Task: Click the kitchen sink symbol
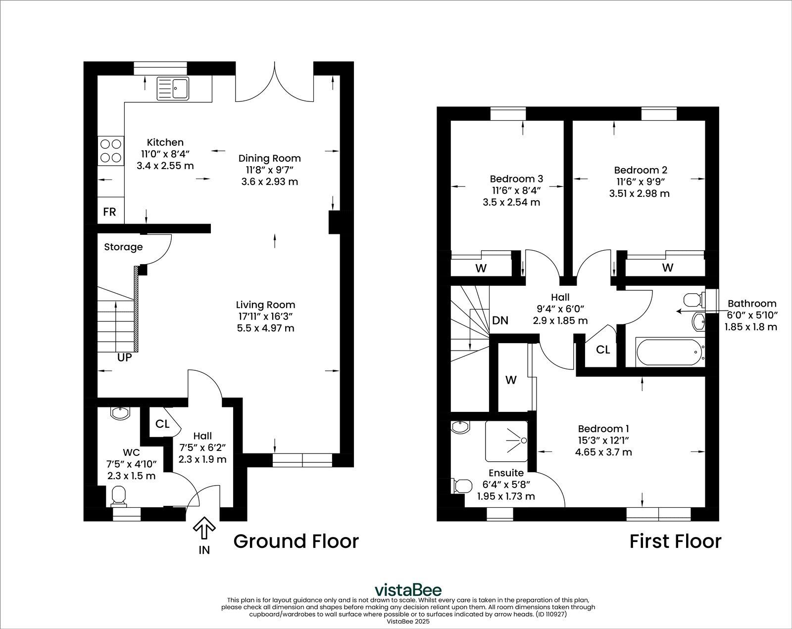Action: coord(173,89)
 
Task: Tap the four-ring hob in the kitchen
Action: coord(111,151)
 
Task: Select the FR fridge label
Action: coord(109,212)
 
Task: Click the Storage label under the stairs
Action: coord(123,247)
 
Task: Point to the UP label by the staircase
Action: coord(124,357)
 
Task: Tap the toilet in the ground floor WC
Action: coord(119,496)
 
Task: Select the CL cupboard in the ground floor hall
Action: coord(162,424)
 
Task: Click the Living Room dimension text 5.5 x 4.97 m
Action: coord(265,328)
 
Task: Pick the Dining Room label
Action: coord(269,158)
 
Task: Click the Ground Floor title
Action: coord(296,541)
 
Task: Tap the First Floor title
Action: coord(675,541)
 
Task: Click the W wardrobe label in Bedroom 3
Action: coord(481,268)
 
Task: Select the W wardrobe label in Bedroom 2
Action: coord(667,268)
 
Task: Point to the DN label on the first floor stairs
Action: coord(500,320)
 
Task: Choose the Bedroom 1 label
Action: coord(603,428)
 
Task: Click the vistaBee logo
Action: coord(408,590)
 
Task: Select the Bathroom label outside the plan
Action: coord(751,304)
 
